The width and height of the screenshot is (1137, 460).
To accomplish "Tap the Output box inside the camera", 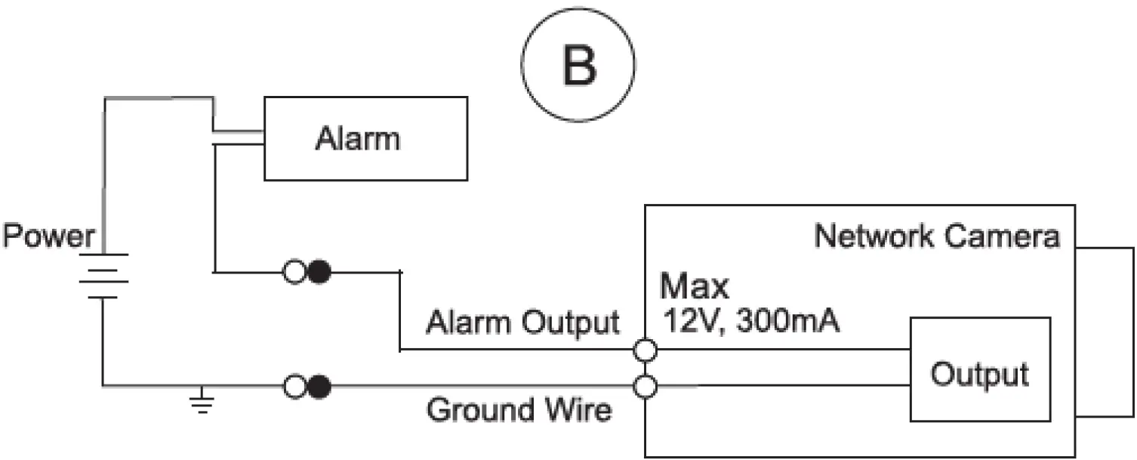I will click(979, 369).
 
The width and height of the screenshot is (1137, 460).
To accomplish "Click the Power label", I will click(48, 236).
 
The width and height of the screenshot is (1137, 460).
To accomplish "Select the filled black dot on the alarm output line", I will click(319, 271).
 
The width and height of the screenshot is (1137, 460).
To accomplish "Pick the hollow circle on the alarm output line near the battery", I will click(294, 271).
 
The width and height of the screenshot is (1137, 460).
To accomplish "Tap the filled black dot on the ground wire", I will click(319, 387).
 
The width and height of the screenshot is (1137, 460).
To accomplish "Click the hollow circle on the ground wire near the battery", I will click(294, 387).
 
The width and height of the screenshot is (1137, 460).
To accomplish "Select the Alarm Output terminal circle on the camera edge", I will click(646, 350).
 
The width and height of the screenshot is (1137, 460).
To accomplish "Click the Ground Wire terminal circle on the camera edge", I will click(646, 387).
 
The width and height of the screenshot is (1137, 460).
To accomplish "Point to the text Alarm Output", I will click(522, 323).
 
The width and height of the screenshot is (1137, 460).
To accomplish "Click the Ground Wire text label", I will click(519, 411).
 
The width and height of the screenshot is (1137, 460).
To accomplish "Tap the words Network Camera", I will click(936, 236).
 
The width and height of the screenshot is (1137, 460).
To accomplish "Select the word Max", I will click(694, 287).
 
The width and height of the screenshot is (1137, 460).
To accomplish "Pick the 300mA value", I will click(788, 323).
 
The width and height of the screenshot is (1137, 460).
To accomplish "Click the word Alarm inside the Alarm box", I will click(357, 139).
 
